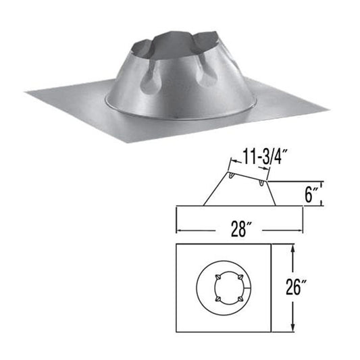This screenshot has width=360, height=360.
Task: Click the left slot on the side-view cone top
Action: pyautogui.click(x=233, y=177)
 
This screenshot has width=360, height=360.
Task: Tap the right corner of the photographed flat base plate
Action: pyautogui.click(x=328, y=108)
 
